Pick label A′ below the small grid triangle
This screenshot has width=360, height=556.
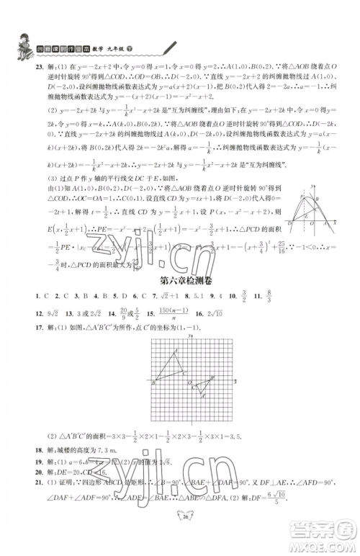pos(204,396)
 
